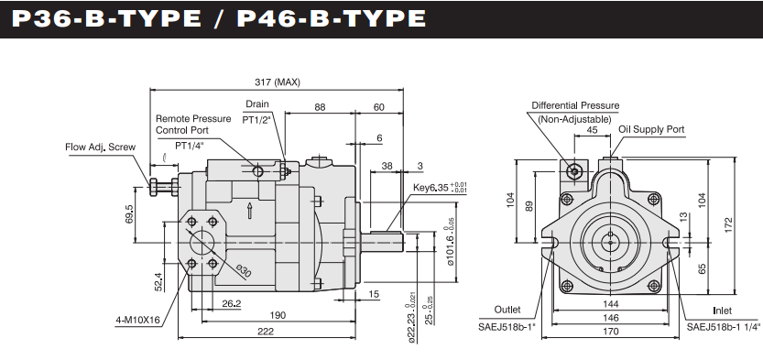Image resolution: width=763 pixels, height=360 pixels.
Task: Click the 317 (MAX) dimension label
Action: point(278,82)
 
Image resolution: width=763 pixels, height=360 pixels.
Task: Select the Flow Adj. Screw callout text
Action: point(100,147)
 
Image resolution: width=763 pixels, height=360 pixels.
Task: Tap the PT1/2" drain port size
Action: point(256,119)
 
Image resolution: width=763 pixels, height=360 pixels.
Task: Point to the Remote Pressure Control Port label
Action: point(193,125)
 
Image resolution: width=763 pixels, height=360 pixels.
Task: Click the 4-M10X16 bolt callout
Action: point(137,321)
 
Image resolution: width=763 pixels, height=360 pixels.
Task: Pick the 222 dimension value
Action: point(266,332)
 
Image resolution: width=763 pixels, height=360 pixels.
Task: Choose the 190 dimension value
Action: point(278,315)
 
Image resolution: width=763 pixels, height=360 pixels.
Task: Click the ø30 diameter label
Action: point(244,271)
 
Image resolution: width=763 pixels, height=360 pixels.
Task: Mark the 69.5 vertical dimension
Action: point(129,214)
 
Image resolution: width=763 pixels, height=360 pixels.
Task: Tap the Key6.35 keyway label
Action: point(440,187)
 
